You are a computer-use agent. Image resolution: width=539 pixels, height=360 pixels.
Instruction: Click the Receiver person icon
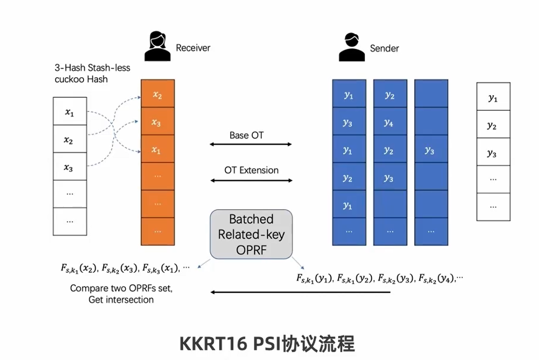(157, 47)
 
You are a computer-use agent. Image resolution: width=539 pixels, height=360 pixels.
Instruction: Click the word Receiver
(193, 48)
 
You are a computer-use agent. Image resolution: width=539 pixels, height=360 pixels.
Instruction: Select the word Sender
(384, 48)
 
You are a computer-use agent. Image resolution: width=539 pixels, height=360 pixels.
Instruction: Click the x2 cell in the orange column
(157, 95)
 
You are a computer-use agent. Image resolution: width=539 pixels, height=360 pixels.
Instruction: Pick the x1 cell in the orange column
(157, 150)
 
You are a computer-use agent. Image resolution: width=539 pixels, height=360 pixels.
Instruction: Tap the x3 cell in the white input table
(69, 168)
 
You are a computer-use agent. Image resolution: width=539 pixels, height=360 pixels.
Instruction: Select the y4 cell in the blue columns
(389, 122)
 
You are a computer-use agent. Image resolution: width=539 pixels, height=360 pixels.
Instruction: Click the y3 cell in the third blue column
(430, 150)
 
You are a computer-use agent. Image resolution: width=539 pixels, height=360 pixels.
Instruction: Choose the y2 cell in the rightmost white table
(493, 126)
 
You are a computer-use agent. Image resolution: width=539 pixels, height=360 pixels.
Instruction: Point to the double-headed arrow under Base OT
(251, 144)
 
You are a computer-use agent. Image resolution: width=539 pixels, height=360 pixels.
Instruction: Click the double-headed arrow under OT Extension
(251, 180)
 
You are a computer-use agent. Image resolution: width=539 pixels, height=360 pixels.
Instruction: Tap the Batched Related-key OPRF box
(251, 234)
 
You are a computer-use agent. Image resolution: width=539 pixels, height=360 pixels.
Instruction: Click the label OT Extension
(251, 170)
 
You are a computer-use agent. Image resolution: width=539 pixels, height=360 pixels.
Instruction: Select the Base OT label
(247, 135)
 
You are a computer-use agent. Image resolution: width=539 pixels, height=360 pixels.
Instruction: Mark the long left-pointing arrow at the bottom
(300, 292)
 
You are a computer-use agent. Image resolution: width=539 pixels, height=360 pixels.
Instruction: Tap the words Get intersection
(121, 300)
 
